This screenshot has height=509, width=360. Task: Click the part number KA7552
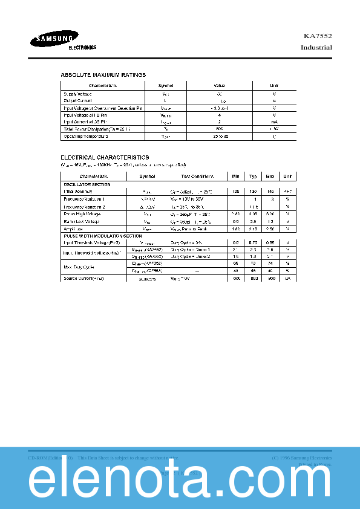[x=318, y=36]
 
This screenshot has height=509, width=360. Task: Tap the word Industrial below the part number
[x=316, y=48]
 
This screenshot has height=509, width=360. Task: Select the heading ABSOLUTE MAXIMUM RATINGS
[x=103, y=75]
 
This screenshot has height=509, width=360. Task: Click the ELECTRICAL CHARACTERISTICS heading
[x=105, y=157]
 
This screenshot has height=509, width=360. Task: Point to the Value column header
[x=219, y=86]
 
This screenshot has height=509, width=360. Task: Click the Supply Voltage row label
[x=78, y=94]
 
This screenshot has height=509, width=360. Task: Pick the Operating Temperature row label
[x=85, y=137]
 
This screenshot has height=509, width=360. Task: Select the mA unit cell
[x=274, y=122]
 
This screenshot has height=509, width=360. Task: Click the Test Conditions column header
[x=197, y=176]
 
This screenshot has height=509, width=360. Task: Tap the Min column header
[x=235, y=176]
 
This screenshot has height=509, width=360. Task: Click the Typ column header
[x=253, y=176]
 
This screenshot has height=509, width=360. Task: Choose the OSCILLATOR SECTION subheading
[x=87, y=184]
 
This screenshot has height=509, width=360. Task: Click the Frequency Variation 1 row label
[x=84, y=198]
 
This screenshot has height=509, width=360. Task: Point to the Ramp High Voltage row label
[x=83, y=214]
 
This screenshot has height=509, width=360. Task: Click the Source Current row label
[x=83, y=278]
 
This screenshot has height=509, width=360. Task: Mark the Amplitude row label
[x=73, y=229]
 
